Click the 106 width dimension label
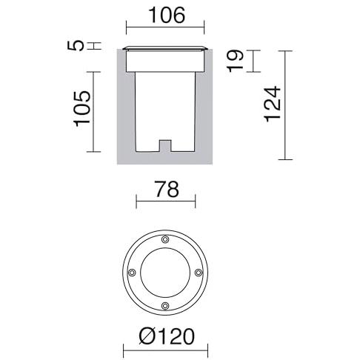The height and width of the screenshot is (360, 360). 167,16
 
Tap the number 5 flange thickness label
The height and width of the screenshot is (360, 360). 76,46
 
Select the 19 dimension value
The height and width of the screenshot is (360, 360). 236,61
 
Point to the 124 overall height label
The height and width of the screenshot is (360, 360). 273,104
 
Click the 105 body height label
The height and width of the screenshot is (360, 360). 82,109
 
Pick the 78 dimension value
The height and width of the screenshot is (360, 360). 166,189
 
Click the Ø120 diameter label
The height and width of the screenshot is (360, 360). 167,336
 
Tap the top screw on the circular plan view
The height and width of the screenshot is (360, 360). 165,239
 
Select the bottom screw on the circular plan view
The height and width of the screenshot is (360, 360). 165,306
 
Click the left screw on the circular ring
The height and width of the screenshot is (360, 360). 132,273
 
